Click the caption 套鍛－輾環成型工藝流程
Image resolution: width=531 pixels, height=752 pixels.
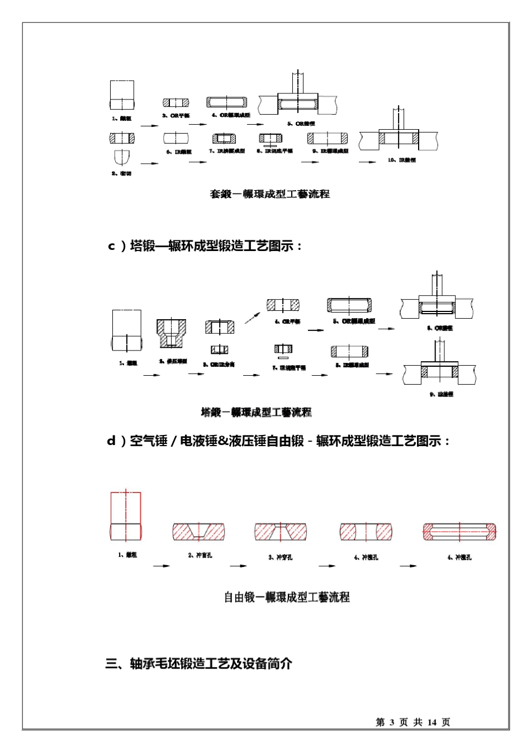(269, 194)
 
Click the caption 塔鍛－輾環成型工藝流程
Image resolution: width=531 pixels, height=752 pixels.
(256, 412)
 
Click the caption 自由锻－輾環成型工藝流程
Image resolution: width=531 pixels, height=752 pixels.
(287, 597)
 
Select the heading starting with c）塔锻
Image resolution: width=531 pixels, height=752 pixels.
(205, 246)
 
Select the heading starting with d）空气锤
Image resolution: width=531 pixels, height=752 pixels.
(278, 441)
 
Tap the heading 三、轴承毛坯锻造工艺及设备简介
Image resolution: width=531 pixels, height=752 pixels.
(198, 664)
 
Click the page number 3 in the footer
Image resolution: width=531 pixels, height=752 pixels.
(391, 722)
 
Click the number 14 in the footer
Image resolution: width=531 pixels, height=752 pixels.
(432, 722)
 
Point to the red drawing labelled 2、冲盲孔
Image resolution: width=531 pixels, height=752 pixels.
(198, 532)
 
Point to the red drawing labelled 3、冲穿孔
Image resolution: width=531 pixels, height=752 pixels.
(281, 532)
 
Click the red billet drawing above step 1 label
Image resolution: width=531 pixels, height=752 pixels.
(126, 515)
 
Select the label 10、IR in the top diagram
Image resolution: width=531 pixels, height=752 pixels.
(401, 160)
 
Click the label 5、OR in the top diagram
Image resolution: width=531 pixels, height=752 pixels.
(301, 124)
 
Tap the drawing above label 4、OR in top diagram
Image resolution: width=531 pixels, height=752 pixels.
(227, 103)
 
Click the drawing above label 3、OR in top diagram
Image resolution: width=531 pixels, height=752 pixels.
(176, 103)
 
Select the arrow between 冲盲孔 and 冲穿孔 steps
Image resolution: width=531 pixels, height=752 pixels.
(239, 566)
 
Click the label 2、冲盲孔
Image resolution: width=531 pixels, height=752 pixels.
(200, 555)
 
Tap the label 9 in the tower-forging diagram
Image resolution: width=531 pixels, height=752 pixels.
(441, 394)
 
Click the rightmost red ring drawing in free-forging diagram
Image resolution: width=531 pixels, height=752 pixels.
(459, 532)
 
